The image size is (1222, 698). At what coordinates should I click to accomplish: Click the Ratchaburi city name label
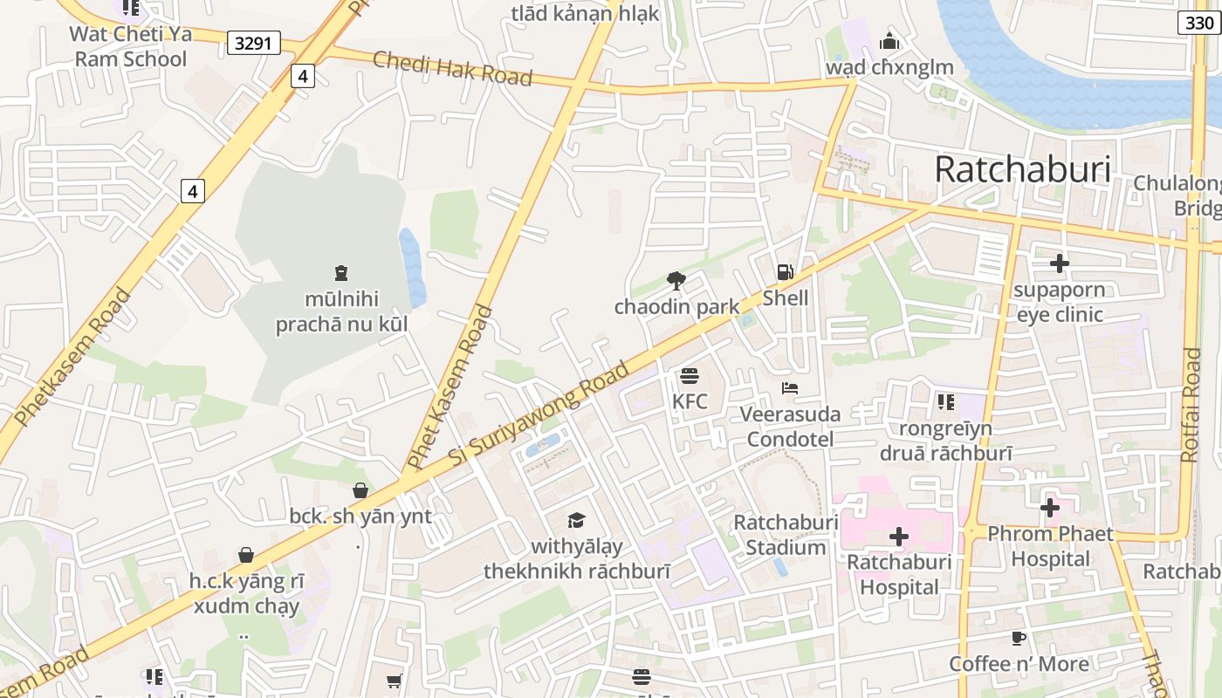[x=1022, y=169]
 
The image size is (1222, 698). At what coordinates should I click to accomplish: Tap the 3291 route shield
[x=254, y=43]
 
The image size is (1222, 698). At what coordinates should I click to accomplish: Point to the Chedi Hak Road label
[x=452, y=69]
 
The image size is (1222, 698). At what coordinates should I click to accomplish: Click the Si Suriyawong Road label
[x=539, y=413]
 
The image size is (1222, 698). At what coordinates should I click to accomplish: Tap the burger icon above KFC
[x=690, y=376]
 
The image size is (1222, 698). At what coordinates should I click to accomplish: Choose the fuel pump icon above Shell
[x=786, y=272]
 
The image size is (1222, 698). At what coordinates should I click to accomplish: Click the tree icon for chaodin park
[x=676, y=280]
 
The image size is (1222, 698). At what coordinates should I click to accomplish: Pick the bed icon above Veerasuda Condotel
[x=790, y=388]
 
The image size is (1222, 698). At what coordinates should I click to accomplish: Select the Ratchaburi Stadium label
[x=786, y=535]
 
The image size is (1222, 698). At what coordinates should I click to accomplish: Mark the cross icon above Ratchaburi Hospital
[x=899, y=536]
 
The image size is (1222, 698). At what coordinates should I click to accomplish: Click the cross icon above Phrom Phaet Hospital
[x=1050, y=507]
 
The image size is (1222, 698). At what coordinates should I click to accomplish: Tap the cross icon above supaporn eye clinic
[x=1060, y=263]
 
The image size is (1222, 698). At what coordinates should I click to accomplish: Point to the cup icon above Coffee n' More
[x=1019, y=638]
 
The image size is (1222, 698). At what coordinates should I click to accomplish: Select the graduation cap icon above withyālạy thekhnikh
[x=576, y=521]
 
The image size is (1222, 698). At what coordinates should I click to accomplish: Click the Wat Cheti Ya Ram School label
[x=128, y=46]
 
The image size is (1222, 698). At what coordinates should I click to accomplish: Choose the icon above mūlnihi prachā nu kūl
[x=341, y=273]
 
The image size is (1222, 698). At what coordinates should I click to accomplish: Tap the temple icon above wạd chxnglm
[x=889, y=41]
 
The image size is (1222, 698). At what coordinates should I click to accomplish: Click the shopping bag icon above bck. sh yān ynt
[x=360, y=490]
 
